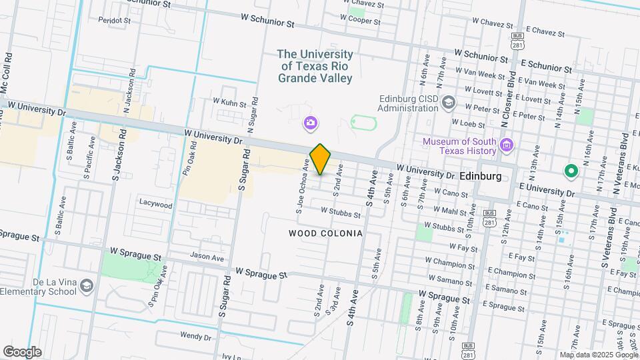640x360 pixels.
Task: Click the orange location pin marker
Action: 321,159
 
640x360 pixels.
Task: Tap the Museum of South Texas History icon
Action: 506,145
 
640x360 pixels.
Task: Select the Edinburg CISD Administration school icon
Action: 449,103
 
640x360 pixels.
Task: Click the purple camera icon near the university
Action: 310,122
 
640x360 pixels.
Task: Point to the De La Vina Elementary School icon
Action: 86,286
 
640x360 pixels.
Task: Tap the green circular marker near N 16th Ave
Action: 571,171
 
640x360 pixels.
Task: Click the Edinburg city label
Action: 481,175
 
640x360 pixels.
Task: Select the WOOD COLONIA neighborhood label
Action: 325,233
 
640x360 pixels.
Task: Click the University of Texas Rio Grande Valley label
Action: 315,66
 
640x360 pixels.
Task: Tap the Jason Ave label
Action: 207,257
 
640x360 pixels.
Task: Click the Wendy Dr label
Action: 195,337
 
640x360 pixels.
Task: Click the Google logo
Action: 22,351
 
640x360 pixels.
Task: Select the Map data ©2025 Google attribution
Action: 598,355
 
